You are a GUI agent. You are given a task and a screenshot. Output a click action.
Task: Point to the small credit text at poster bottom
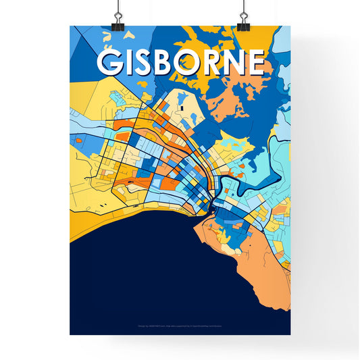coord(180,326)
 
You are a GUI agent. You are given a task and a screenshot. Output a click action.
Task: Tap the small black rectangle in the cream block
coord(182,106)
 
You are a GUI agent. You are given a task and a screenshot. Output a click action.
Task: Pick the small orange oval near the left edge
coord(79,141)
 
